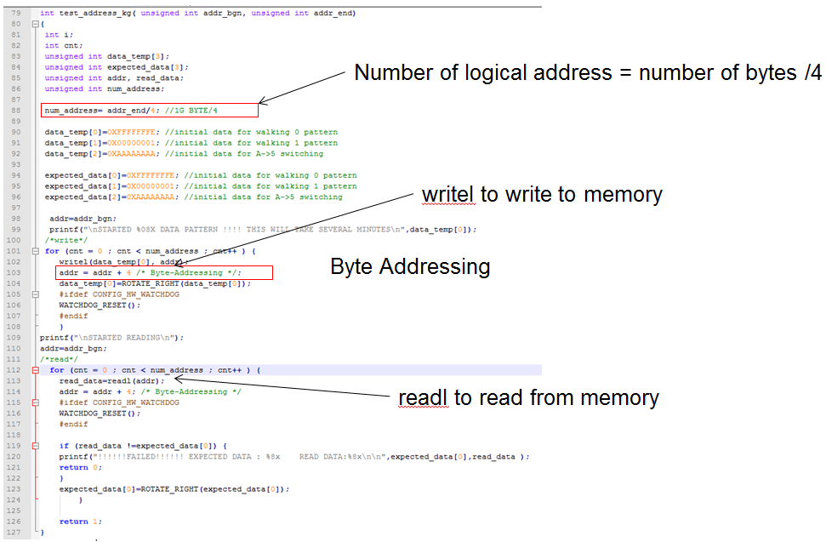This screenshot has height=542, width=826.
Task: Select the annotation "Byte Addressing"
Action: (x=410, y=267)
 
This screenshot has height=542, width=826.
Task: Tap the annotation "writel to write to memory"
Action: (x=542, y=195)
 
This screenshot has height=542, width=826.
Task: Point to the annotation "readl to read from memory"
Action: (x=528, y=397)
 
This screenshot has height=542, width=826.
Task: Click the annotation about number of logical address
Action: (x=588, y=73)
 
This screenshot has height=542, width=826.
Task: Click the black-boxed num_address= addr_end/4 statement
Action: (x=150, y=111)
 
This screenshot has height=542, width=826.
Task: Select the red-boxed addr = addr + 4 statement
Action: (x=163, y=273)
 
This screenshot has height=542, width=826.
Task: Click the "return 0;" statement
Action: (x=74, y=466)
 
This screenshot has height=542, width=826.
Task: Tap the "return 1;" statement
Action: (x=74, y=521)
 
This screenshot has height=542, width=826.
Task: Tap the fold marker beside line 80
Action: (x=35, y=25)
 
